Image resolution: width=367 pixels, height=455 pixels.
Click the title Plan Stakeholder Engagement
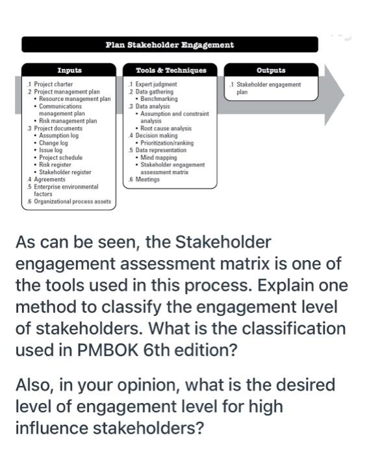(169, 45)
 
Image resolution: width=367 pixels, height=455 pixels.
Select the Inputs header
(69, 70)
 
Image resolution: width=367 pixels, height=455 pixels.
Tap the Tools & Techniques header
(171, 70)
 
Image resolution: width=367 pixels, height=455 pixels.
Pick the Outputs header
(271, 70)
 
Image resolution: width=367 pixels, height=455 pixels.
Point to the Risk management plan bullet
(68, 121)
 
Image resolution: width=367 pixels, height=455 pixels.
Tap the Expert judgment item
(155, 84)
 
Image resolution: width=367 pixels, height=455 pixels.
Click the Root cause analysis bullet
(167, 128)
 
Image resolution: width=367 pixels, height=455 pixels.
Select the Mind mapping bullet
(158, 157)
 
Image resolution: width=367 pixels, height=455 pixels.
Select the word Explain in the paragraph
(311, 286)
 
